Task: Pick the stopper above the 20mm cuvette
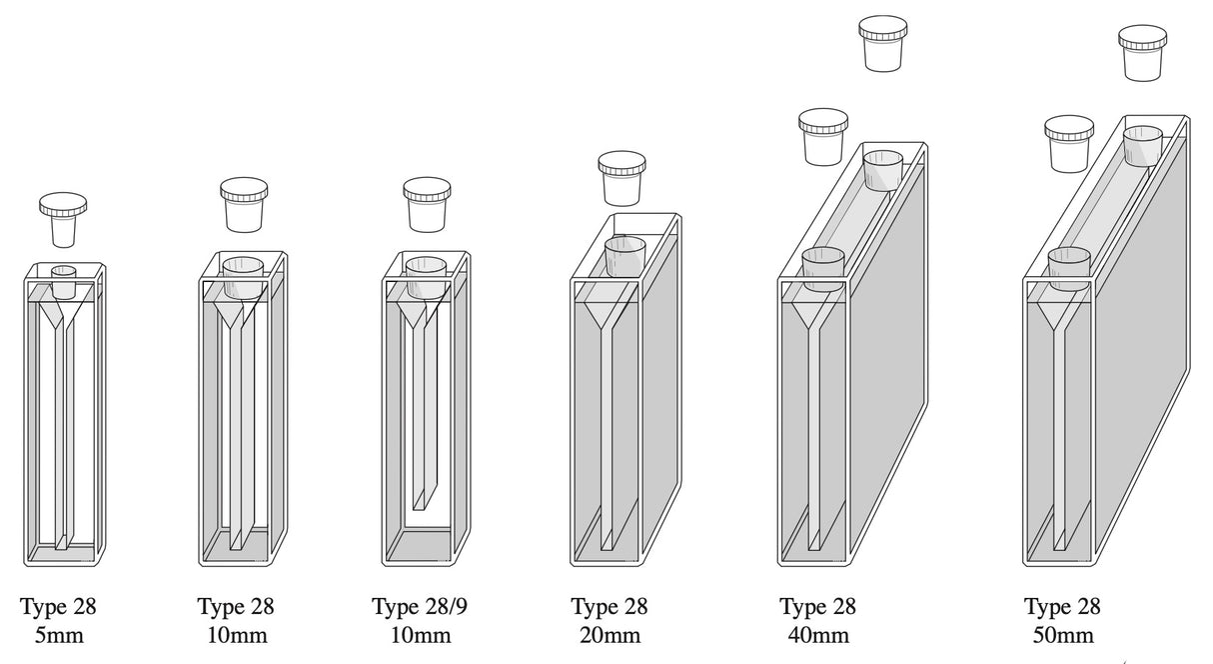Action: [x=621, y=178]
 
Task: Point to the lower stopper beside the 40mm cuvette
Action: [x=823, y=136]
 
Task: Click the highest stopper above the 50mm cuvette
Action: [x=1143, y=52]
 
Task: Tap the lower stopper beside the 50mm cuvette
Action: [x=1069, y=143]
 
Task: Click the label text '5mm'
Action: [x=59, y=635]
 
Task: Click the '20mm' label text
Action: [x=608, y=635]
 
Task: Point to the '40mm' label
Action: [x=817, y=635]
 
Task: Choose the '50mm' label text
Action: [x=1062, y=635]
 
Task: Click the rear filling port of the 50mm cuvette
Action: [x=1142, y=145]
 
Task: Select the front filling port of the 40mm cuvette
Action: [x=823, y=268]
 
